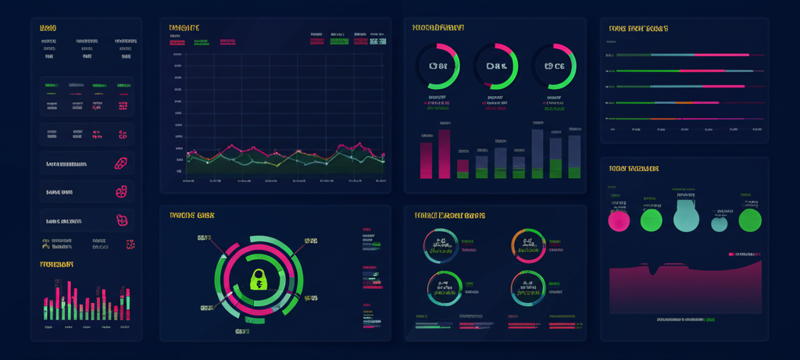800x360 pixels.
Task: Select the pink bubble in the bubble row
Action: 619,221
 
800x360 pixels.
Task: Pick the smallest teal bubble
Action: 720,224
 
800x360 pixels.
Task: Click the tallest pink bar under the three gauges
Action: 444,154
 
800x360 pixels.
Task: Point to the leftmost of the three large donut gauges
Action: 437,66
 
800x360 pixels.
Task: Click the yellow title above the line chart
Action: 184,28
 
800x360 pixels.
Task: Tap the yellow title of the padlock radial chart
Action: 191,215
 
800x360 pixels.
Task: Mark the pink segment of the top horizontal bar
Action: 716,55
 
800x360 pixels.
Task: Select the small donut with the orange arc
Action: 529,246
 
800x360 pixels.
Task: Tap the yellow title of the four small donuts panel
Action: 449,215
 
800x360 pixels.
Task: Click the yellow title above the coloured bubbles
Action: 634,169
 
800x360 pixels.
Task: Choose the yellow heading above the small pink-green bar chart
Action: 57,265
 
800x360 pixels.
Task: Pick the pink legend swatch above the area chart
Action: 732,255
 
